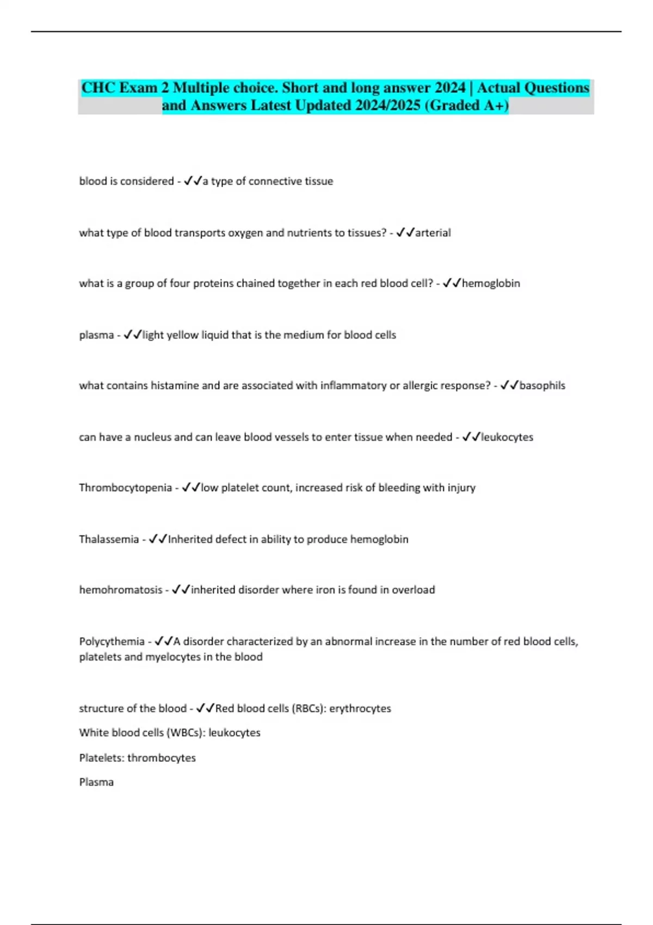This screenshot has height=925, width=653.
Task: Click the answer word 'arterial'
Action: (x=433, y=233)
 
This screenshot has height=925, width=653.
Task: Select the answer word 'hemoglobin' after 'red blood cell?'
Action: (x=491, y=283)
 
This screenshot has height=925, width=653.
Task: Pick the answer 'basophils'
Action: (x=542, y=386)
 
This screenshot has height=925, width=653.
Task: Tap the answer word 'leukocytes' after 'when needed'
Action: (x=507, y=437)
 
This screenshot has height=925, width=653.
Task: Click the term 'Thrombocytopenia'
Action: (x=125, y=488)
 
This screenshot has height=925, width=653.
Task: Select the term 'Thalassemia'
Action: (x=109, y=539)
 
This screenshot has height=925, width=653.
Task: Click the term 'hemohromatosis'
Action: (x=121, y=590)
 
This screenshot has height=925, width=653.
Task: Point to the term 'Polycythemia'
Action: (x=112, y=642)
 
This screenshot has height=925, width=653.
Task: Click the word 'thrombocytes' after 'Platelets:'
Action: (x=162, y=758)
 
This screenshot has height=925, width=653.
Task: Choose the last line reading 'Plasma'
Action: (x=96, y=782)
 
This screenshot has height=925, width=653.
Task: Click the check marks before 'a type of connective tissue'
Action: (x=193, y=181)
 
